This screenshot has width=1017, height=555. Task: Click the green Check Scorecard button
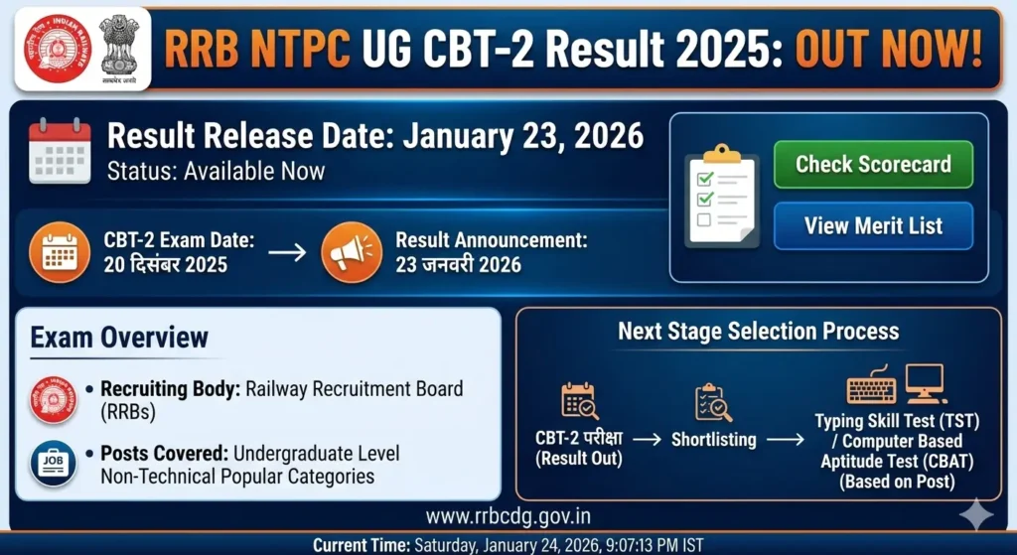pyautogui.click(x=873, y=165)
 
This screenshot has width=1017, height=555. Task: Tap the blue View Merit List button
pyautogui.click(x=873, y=225)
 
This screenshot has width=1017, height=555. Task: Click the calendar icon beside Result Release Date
pyautogui.click(x=61, y=151)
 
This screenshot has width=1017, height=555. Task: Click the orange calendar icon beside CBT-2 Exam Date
pyautogui.click(x=61, y=253)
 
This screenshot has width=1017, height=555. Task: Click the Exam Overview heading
pyautogui.click(x=119, y=337)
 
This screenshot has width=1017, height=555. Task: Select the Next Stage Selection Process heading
pyautogui.click(x=759, y=332)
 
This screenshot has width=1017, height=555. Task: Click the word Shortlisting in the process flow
pyautogui.click(x=713, y=439)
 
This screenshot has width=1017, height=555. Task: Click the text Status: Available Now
pyautogui.click(x=216, y=171)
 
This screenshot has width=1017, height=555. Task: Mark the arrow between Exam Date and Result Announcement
pyautogui.click(x=287, y=253)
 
